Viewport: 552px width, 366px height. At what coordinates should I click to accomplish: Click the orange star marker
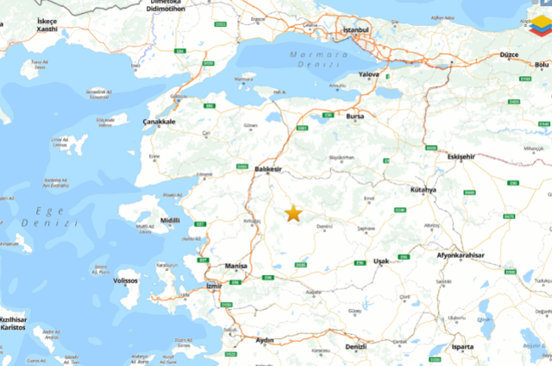coord(293,212)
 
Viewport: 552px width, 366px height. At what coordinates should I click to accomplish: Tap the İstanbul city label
coord(355,30)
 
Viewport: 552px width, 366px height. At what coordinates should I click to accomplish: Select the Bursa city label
coord(355,116)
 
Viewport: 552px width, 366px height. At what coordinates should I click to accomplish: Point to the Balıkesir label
coord(269,169)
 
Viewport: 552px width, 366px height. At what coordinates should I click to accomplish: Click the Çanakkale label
coord(160,122)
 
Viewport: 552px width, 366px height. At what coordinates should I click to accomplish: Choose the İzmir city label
coord(215,286)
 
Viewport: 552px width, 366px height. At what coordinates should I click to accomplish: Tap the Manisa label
coord(235,267)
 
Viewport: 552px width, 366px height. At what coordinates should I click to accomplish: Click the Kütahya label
coord(424,189)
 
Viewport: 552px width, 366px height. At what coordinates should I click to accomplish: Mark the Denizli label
coord(354,346)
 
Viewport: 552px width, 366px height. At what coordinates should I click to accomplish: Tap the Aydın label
coord(264,341)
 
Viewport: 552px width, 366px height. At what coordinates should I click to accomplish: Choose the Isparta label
coord(462,347)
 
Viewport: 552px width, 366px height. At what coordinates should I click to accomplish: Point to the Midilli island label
coord(169,220)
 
